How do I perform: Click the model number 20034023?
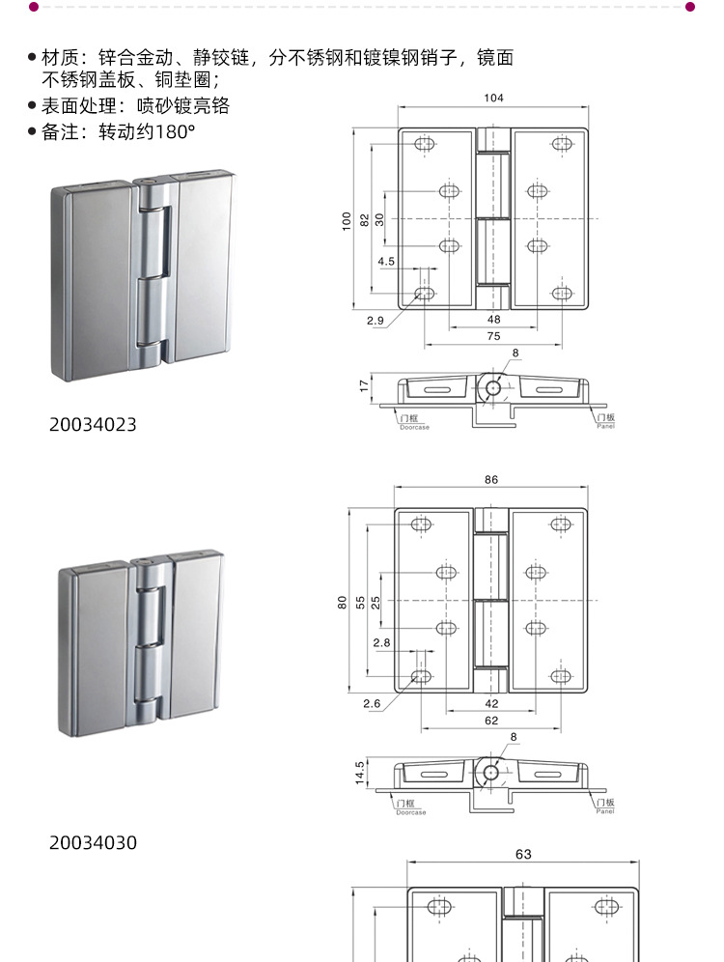[93, 425]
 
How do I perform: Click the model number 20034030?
[93, 843]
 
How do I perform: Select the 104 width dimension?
[494, 98]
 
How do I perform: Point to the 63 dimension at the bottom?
[523, 855]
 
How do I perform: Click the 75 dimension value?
[493, 336]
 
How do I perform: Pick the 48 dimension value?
[493, 319]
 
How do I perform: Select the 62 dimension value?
[491, 720]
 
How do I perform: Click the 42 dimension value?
[491, 703]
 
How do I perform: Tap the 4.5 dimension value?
[386, 261]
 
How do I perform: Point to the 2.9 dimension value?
[376, 320]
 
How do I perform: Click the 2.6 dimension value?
[372, 704]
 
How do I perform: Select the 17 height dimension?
[364, 385]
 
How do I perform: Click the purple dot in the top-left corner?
[33, 7]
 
